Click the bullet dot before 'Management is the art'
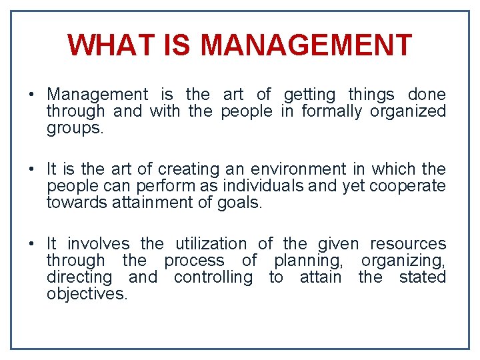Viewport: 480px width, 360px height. click(x=32, y=95)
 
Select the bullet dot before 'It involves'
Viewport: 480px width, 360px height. click(x=32, y=244)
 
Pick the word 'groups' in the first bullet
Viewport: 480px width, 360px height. click(x=73, y=128)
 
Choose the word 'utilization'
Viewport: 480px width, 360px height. click(x=211, y=244)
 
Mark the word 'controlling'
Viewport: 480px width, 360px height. click(x=213, y=277)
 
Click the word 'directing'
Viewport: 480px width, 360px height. click(x=79, y=277)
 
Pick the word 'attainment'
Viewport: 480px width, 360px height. click(x=154, y=202)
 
